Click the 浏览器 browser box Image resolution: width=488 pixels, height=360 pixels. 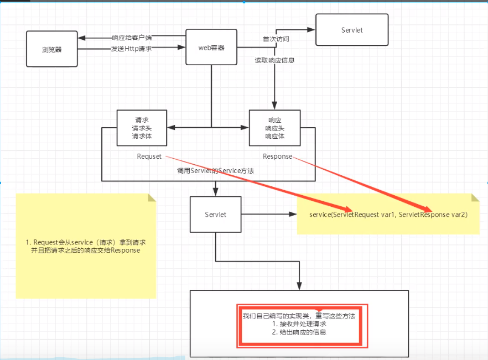point(51,50)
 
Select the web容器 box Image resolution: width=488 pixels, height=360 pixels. point(211,48)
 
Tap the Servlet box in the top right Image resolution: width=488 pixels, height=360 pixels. point(352,30)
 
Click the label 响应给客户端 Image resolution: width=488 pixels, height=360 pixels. point(131,38)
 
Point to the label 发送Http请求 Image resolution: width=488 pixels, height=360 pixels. point(131,49)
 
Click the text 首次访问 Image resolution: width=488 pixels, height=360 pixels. point(276,39)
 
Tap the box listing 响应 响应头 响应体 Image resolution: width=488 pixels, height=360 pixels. point(274,128)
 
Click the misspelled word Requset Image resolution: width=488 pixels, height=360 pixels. point(149,156)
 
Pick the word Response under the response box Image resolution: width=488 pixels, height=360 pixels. point(277,156)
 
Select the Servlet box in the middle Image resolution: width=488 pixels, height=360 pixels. point(216,214)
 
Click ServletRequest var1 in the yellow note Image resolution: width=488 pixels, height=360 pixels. point(362,214)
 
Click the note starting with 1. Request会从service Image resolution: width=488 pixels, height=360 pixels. point(86,246)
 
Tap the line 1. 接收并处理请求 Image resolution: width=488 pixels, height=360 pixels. point(299,324)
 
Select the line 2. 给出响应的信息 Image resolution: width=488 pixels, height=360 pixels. point(299,332)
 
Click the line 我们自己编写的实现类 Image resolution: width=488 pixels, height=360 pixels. point(299,316)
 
